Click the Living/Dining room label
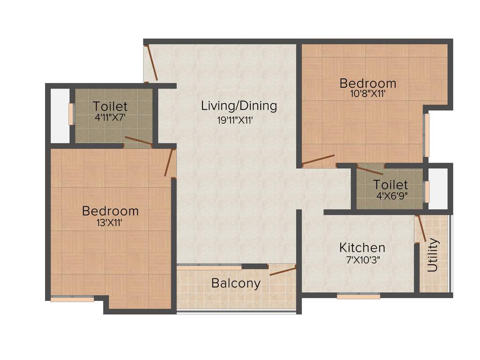239,106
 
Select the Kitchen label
362,247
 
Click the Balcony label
236,283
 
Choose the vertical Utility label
433,255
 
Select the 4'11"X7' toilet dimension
111,118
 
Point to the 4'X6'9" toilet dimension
390,196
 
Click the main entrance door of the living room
151,63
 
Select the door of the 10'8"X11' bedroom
318,160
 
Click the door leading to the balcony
283,270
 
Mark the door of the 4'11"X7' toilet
138,142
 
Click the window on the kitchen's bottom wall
359,296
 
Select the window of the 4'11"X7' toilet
71,114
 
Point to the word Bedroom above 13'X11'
110,211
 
